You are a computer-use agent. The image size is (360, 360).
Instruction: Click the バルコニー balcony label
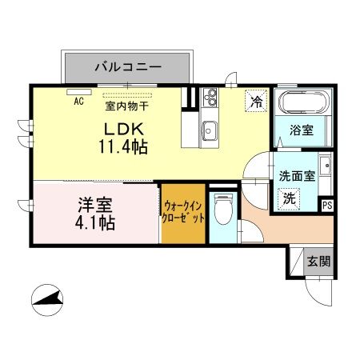point(128,66)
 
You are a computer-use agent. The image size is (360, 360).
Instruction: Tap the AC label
point(78,102)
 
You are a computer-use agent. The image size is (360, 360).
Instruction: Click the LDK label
point(118,129)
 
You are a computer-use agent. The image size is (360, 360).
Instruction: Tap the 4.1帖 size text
point(94,222)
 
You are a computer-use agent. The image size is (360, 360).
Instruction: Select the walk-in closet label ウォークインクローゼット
point(183,212)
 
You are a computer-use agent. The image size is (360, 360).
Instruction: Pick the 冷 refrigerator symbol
point(256,102)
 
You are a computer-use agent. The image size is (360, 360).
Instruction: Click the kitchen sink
point(210,129)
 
